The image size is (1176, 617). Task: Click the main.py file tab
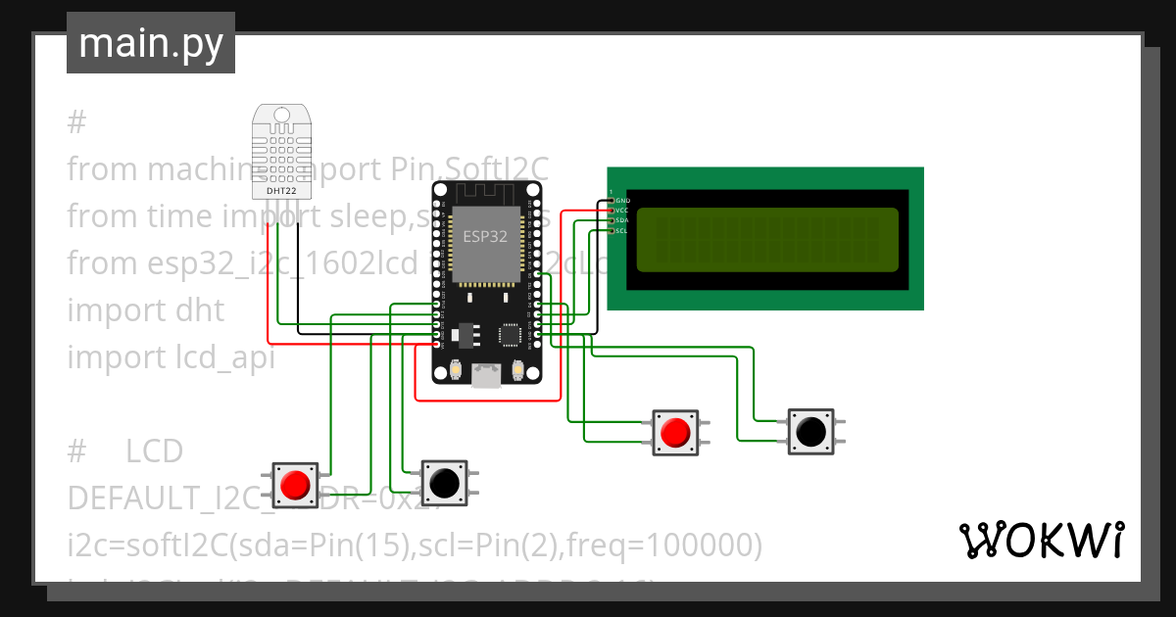point(150,44)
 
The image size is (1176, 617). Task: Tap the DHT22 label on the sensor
point(281,190)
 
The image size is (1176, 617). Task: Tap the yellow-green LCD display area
point(767,240)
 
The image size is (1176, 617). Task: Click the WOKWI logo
point(1041,541)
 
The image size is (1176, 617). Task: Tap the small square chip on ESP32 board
point(511,335)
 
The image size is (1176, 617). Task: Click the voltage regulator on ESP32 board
point(468,335)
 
